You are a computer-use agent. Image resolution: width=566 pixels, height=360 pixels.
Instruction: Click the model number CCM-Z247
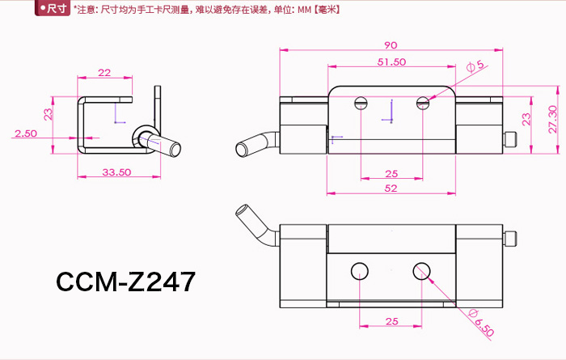click(125, 282)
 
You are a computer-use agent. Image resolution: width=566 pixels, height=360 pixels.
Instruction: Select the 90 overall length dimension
click(391, 45)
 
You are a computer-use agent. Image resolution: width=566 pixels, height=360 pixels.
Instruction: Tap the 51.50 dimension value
click(391, 62)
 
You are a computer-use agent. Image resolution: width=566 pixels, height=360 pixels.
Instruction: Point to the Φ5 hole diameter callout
click(475, 64)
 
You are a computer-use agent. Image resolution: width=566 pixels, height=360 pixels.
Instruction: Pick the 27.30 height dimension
click(551, 120)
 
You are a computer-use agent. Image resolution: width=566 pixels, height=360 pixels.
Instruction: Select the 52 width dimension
click(391, 188)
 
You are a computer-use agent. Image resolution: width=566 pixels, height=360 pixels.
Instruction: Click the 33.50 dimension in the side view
click(117, 171)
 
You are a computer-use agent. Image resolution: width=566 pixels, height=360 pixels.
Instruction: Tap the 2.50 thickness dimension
click(26, 133)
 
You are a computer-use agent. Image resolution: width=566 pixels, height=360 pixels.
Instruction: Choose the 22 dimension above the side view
click(104, 73)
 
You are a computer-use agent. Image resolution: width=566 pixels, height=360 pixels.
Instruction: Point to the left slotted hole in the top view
click(361, 103)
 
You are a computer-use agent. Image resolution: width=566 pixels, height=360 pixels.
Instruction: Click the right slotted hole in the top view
click(422, 103)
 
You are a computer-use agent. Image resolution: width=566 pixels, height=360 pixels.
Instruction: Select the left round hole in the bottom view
click(360, 270)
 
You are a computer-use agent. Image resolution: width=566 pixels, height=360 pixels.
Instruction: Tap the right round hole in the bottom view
click(421, 270)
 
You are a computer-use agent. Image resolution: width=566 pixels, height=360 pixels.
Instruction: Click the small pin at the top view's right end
click(510, 139)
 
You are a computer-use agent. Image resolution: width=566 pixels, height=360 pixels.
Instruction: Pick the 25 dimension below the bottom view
click(391, 321)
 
